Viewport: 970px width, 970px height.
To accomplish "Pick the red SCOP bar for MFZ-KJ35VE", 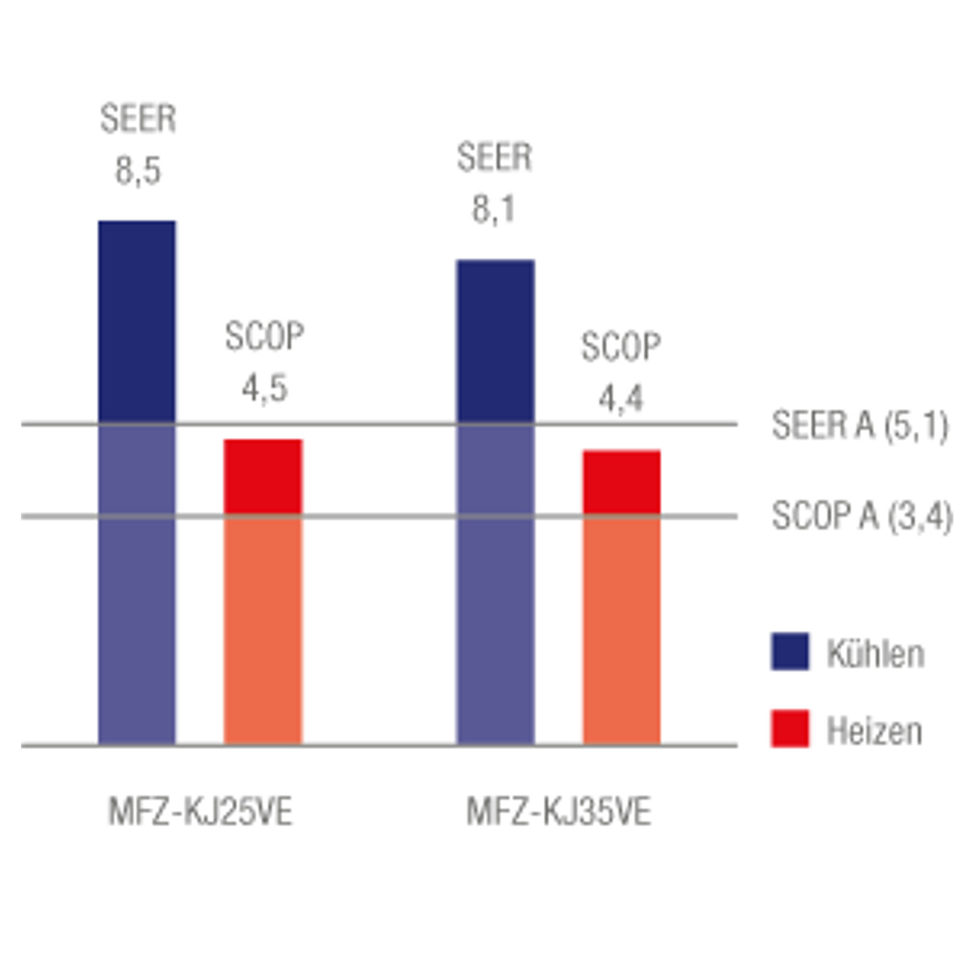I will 622,597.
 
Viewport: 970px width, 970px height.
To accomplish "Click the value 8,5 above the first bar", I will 138,171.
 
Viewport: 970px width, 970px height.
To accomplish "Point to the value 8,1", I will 494,210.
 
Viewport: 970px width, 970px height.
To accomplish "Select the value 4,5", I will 265,388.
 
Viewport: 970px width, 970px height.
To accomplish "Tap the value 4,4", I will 621,398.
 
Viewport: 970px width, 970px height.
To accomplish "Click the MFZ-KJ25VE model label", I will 200,812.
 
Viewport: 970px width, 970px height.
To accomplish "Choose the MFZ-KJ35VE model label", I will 559,812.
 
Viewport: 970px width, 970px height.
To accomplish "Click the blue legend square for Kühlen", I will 790,651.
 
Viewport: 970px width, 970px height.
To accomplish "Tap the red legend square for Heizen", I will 790,729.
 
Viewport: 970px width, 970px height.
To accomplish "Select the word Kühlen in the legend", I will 875,654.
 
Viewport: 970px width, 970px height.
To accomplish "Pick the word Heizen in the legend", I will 874,731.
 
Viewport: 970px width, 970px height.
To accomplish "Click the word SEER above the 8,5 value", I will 138,119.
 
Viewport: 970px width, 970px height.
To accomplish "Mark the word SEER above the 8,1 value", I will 495,158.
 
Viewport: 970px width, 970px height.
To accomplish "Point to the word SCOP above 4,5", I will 265,337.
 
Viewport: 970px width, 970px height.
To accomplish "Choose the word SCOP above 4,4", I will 621,348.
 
